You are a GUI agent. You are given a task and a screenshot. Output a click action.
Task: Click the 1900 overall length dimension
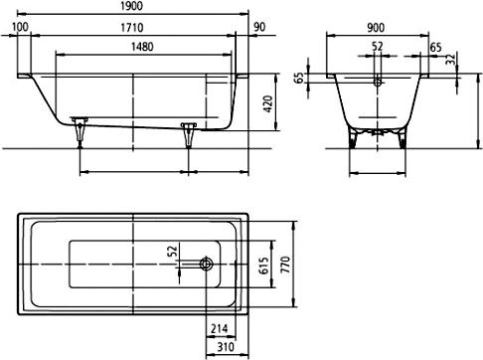131,6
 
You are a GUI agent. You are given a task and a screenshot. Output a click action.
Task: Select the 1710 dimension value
131,27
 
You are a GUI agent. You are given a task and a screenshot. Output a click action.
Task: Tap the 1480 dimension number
142,47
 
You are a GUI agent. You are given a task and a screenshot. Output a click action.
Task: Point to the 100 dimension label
20,27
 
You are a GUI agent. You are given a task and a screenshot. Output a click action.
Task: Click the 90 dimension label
259,27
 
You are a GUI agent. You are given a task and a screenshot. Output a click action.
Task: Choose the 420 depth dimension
268,103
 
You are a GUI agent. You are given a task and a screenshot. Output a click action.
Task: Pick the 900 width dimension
376,28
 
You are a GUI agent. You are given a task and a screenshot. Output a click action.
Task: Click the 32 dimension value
450,61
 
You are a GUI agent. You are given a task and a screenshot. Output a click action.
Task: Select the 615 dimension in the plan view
264,266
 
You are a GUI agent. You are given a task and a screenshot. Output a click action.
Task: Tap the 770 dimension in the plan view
285,265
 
